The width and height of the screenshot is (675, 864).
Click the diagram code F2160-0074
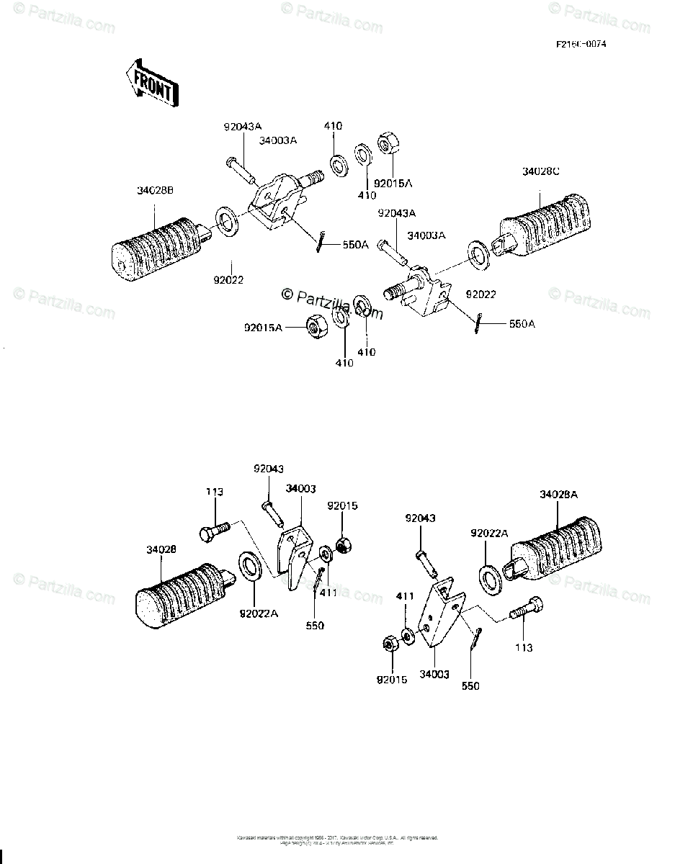click(580, 44)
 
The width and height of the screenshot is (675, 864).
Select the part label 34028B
click(155, 191)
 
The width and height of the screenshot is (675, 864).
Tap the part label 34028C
click(540, 171)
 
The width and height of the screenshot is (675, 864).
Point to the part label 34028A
click(558, 495)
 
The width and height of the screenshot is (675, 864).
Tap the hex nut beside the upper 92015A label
click(385, 145)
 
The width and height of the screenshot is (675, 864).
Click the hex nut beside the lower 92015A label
click(314, 327)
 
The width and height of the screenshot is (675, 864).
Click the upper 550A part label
click(354, 244)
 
